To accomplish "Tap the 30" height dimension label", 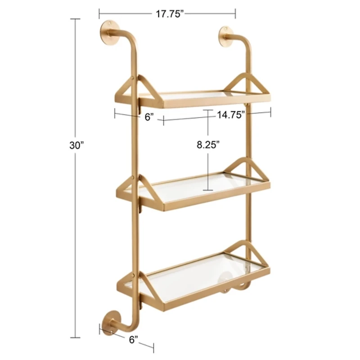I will pyautogui.click(x=77, y=145).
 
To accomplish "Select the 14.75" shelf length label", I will pyautogui.click(x=230, y=114).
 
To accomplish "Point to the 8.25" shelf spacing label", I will pyautogui.click(x=208, y=145).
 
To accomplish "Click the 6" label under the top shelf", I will pyautogui.click(x=149, y=118).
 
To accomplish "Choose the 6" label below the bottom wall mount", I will pyautogui.click(x=133, y=340).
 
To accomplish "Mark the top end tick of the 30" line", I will pyautogui.click(x=75, y=19).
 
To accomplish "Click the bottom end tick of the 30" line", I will pyautogui.click(x=75, y=337).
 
